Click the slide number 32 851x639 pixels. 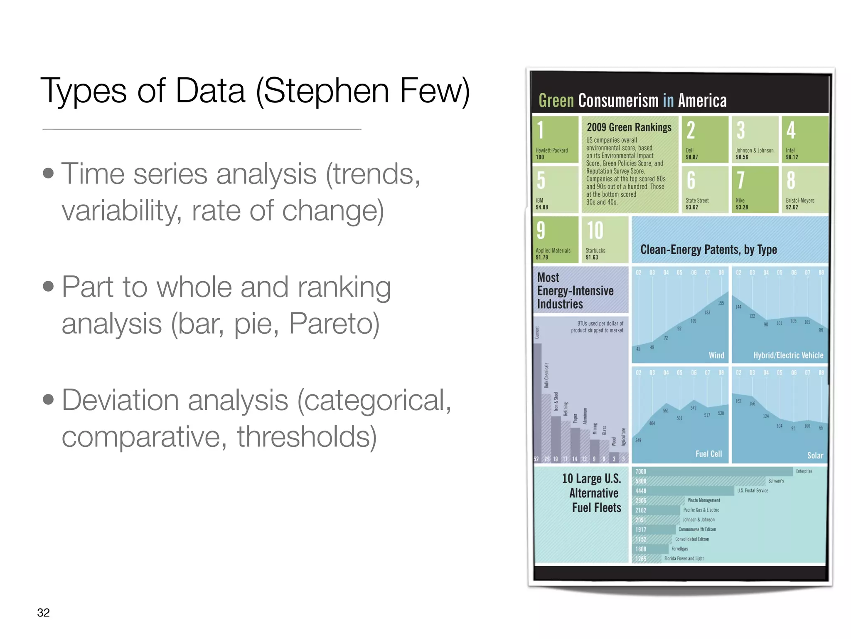point(43,612)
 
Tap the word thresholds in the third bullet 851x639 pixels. point(307,436)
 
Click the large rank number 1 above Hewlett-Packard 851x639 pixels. point(540,130)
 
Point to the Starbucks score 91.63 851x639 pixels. point(592,258)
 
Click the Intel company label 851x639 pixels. point(790,150)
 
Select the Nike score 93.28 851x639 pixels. point(742,207)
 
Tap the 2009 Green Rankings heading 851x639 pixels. point(629,127)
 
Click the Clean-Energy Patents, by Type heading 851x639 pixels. point(708,250)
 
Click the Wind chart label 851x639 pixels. point(716,355)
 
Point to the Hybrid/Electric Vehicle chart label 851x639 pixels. point(788,355)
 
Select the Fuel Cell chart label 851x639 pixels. point(708,454)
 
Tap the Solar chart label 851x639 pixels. point(815,456)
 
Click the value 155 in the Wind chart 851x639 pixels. point(721,303)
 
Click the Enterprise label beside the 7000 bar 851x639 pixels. point(804,471)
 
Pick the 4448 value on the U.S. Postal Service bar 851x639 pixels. point(641,491)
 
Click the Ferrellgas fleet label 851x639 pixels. point(680,549)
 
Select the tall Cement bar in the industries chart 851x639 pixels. point(537,399)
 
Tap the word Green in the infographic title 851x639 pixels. point(556,101)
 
